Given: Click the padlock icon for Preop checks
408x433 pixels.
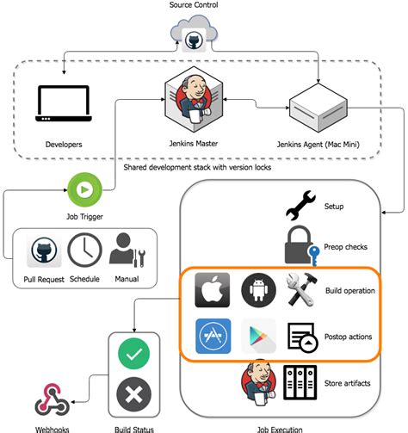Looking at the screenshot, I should point(302,246).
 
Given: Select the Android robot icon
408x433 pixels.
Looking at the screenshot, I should point(258,291).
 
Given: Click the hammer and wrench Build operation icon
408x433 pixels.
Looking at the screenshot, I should point(304,291).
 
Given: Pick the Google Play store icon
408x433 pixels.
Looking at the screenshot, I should point(258,337).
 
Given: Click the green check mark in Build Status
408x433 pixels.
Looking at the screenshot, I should point(133,354).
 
